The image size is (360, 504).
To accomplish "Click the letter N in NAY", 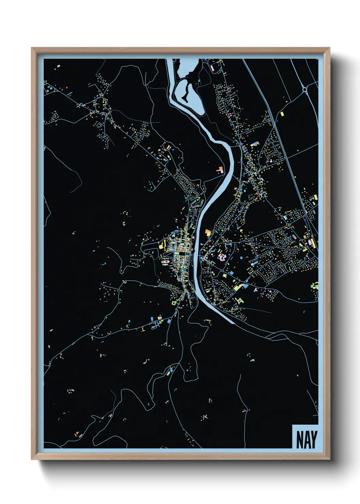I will (x=299, y=440).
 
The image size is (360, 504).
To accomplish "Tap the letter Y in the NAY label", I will (x=313, y=440).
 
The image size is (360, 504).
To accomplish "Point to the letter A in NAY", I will (x=307, y=440).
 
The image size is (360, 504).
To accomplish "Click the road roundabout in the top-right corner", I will (x=305, y=90).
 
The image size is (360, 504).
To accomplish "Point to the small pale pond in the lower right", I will (x=252, y=360).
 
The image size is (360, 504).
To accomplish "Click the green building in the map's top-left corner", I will (x=58, y=65).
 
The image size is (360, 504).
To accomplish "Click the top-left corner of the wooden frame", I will (x=32, y=48).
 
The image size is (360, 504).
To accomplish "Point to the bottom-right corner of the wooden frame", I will (x=329, y=459).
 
